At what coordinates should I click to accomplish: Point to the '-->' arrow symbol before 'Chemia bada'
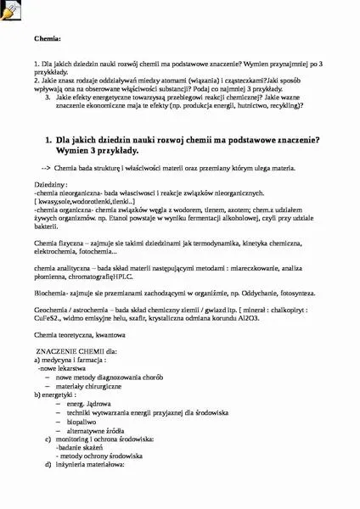tap(46, 167)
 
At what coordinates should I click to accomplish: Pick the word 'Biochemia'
tap(50, 292)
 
